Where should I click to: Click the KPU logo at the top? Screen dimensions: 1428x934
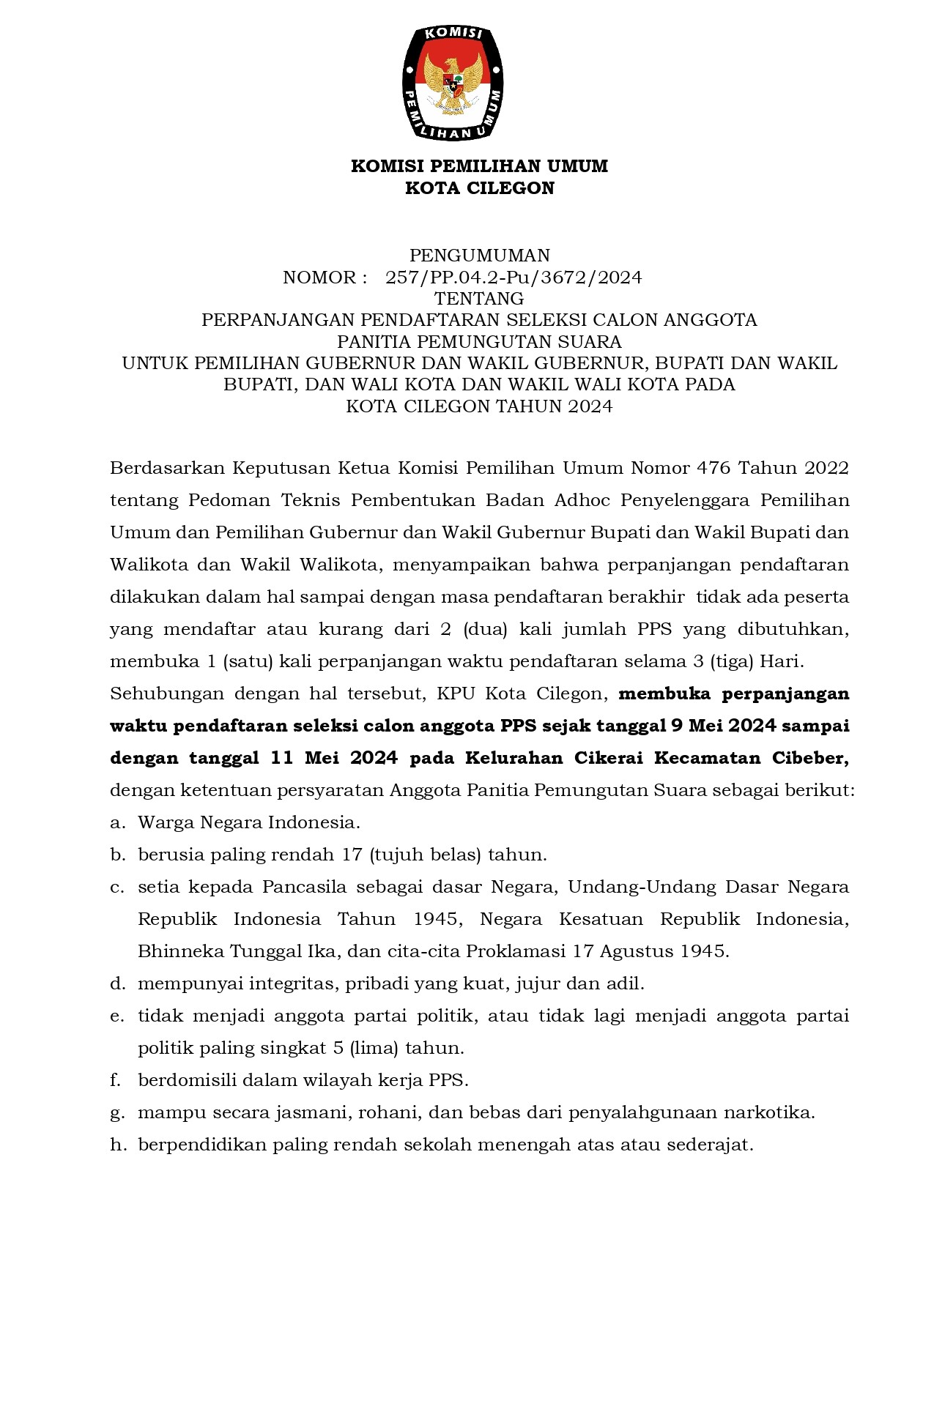453,82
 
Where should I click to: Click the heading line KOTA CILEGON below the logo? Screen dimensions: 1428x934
480,188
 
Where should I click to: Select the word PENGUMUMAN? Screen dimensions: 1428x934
479,256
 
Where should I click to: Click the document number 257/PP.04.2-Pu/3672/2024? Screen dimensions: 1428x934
514,278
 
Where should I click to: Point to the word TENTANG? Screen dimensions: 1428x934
479,299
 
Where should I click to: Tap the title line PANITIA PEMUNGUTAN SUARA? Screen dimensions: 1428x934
479,342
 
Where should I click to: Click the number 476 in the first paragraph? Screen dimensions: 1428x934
715,468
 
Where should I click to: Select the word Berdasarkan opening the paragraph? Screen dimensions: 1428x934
167,468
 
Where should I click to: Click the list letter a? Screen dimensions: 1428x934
116,822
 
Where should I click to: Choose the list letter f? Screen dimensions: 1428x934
115,1080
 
